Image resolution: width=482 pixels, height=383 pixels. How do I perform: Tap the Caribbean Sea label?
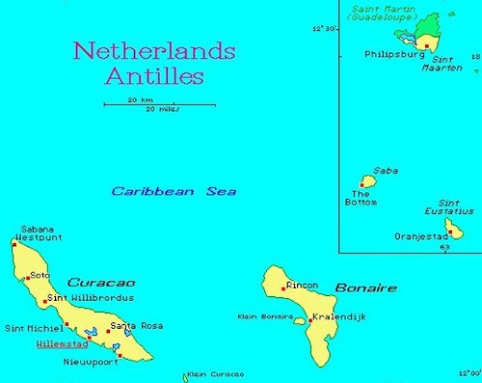coord(174,191)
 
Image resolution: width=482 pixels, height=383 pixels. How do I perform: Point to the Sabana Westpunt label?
coord(40,233)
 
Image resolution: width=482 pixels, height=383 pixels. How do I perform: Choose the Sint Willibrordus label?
coord(91,298)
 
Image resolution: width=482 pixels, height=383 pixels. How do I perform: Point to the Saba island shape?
coord(367,180)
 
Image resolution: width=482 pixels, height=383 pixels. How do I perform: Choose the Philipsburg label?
coord(393,55)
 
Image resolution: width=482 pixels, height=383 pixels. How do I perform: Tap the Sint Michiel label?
coord(34,328)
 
